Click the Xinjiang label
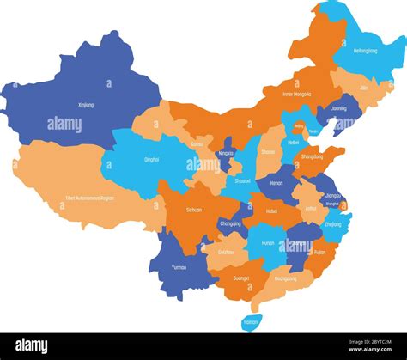click(x=86, y=105)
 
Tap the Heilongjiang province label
click(x=366, y=51)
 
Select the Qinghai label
click(x=151, y=159)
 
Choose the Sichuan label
click(x=195, y=209)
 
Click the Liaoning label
click(x=338, y=109)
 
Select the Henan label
click(x=276, y=183)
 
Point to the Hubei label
click(x=272, y=211)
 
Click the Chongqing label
click(x=231, y=223)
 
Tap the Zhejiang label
click(x=332, y=224)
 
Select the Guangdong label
click(x=285, y=278)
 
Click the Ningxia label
click(x=226, y=153)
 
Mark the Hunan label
click(x=268, y=242)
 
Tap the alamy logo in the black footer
click(x=32, y=345)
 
